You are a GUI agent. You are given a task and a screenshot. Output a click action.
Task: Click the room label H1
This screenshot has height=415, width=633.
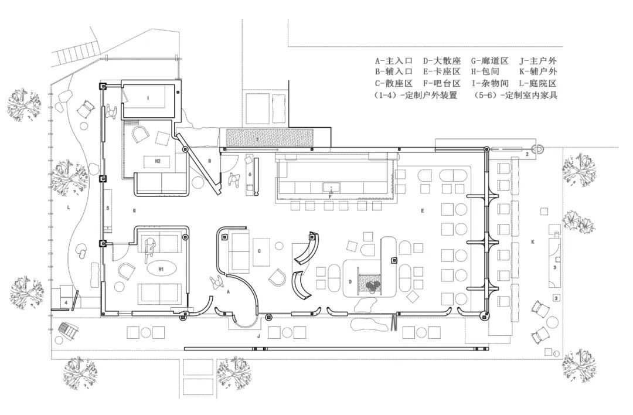(x=161, y=269)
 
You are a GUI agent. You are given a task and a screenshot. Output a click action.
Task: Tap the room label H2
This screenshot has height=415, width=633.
(x=157, y=160)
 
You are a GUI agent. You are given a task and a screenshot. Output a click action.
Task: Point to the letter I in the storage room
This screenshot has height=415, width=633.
(x=148, y=98)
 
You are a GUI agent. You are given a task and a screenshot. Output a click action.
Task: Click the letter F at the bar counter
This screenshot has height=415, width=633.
(x=331, y=197)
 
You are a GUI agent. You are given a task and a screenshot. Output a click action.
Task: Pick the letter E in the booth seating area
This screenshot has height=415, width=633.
(x=422, y=209)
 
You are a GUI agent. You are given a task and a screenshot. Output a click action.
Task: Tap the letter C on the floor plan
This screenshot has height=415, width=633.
(x=259, y=250)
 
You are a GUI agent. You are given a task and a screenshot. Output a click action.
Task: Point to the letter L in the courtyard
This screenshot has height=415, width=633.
(x=69, y=207)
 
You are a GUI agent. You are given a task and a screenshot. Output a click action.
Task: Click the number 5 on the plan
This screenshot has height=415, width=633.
(x=108, y=208)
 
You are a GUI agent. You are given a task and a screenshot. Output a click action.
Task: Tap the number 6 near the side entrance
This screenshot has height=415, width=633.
(x=250, y=174)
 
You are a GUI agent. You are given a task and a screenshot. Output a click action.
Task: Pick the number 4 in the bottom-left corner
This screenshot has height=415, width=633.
(x=66, y=302)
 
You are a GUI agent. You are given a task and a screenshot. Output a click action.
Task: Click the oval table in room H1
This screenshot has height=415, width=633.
(x=161, y=269)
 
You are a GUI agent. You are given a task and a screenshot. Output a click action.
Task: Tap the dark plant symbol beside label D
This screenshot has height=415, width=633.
(x=372, y=286)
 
